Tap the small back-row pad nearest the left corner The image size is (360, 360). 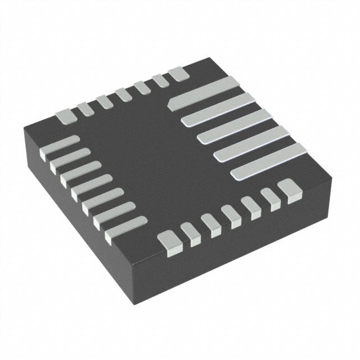click(64, 116)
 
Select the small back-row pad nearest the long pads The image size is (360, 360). click(177, 73)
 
